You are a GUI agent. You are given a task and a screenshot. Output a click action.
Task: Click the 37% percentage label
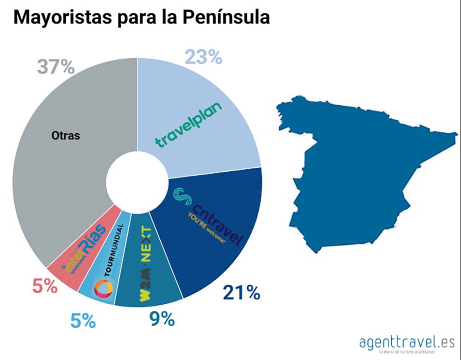coord(55,67)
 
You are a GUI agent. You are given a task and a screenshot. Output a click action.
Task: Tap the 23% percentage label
coord(203,57)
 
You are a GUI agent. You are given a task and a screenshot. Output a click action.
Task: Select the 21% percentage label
coord(241,293)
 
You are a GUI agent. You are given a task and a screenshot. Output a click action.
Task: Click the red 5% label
coord(45,286)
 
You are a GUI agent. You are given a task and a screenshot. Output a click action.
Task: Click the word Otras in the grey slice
coord(66,135)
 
